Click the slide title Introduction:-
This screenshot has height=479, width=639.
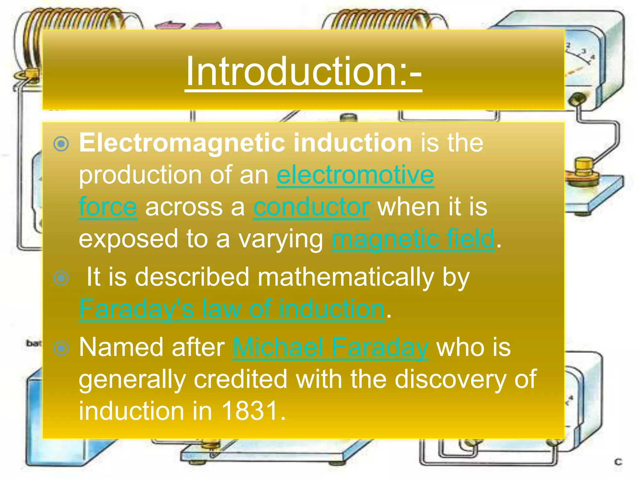point(303,72)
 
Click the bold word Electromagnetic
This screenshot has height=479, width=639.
point(182,143)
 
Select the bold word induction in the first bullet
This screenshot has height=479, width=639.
point(353,143)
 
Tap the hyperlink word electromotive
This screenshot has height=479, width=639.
point(355,175)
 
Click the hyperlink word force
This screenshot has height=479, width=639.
point(108,207)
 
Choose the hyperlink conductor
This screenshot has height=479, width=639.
point(311,207)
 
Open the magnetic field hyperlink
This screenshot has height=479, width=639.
point(413,239)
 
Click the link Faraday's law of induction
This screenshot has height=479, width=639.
point(232,309)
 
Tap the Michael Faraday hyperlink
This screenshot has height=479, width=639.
point(330,347)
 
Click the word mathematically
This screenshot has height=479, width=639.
point(346,277)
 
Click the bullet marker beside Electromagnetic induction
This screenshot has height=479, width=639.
point(61,144)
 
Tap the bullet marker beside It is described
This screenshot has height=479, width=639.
point(61,278)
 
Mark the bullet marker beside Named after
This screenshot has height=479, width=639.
point(61,348)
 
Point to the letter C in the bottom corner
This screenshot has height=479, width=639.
point(618,462)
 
